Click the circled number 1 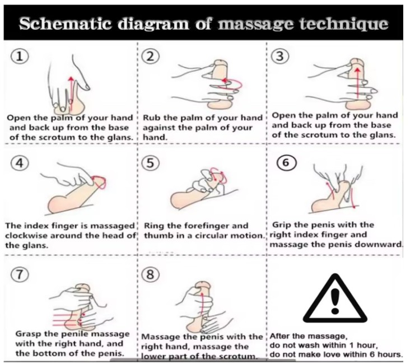pos(20,57)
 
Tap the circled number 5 pos(150,164)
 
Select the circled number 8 pos(150,274)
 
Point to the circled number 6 pos(287,162)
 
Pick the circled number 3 pos(280,56)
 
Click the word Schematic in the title pos(66,24)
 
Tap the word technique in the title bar pos(343,24)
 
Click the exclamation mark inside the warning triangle pos(335,301)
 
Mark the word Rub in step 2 pos(150,118)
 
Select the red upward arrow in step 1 pos(70,92)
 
